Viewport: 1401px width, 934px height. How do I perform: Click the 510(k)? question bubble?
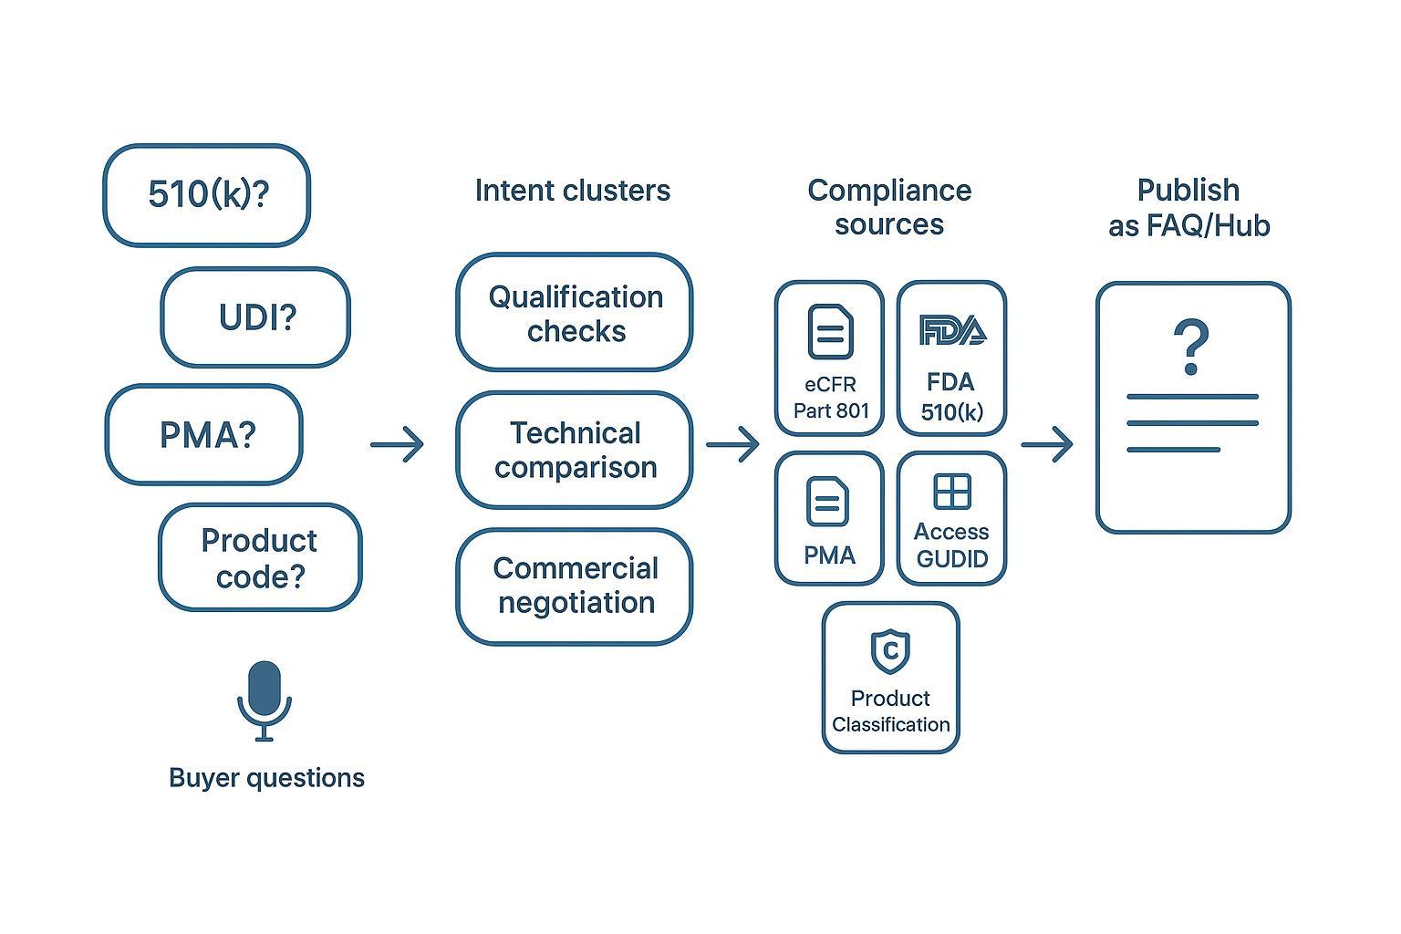tap(207, 194)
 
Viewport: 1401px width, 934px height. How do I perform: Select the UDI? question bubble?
tap(255, 317)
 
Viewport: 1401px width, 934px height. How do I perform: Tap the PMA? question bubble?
tap(204, 434)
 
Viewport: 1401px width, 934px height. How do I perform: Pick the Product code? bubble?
tap(260, 557)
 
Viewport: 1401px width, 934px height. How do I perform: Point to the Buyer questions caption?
tap(266, 778)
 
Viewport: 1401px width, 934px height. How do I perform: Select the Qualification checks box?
tap(575, 313)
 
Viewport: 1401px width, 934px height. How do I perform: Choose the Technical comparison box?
tap(575, 450)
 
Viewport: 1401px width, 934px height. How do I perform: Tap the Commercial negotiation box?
tap(575, 586)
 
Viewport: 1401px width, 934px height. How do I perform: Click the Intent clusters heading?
tap(573, 191)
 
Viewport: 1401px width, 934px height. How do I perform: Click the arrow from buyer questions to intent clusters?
tap(398, 444)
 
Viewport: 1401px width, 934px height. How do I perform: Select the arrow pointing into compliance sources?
tap(732, 444)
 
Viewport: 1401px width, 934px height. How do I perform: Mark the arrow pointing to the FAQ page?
tap(1047, 444)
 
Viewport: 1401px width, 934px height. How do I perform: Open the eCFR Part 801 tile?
tap(830, 358)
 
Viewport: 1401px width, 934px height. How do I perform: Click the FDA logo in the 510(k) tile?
tap(952, 330)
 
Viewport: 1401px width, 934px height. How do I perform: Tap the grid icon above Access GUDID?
tap(952, 492)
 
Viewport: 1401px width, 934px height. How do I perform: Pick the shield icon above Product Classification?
tap(890, 649)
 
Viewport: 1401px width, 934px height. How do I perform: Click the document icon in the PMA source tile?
tap(828, 502)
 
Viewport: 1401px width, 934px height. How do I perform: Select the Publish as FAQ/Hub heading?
tap(1188, 207)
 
